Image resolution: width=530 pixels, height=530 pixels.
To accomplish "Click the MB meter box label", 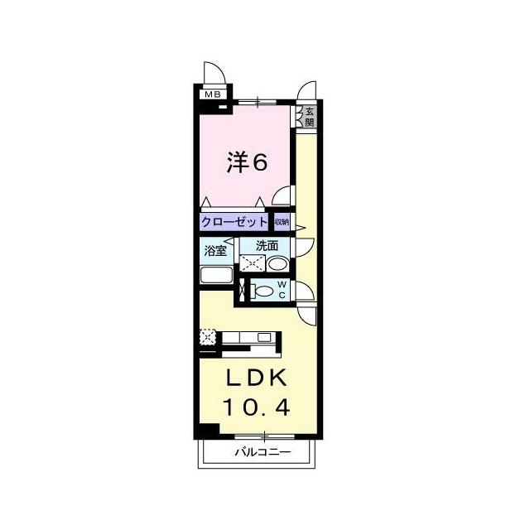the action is point(213,94).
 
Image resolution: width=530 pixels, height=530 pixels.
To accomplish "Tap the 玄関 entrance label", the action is point(309,117).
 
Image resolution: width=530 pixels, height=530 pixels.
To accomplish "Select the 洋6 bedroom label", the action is point(247,162).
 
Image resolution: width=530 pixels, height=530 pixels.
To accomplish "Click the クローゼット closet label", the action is point(234,223).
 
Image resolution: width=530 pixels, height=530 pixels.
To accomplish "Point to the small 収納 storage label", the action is point(282,223).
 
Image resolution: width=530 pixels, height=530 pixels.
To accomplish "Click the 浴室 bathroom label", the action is point(215,250).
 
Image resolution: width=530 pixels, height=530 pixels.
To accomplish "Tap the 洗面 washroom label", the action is point(267,246).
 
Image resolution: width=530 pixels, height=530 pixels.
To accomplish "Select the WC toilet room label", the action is point(282,290).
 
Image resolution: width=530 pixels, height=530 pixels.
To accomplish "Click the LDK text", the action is point(256,378).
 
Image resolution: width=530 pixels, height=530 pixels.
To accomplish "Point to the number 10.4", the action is point(256,407).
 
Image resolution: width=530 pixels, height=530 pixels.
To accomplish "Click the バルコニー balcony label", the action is point(263,452).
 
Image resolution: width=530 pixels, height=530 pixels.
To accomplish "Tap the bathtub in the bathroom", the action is point(216,275).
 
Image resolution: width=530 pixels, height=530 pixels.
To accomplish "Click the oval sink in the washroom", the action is point(277,264).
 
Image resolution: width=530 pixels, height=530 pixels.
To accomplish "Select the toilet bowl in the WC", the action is point(263,291).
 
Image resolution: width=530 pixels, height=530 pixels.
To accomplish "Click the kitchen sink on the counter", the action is point(264,337).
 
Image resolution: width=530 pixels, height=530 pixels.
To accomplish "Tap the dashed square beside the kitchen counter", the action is point(208,337).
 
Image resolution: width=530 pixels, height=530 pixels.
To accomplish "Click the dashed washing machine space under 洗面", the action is point(253,263).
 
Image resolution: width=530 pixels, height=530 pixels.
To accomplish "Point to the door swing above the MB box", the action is point(215,72).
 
